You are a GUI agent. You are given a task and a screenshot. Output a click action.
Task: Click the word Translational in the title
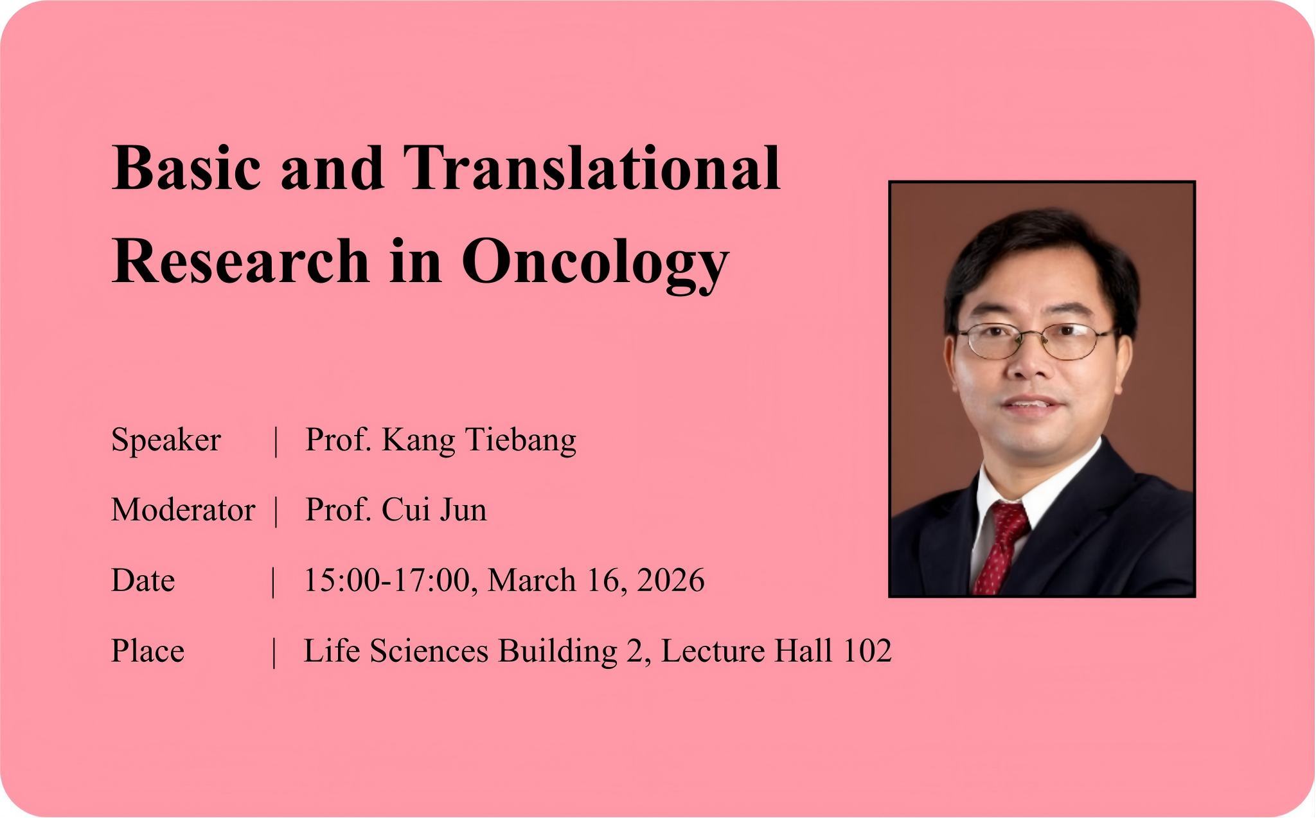click(592, 168)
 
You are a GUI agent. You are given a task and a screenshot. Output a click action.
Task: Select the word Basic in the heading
click(187, 168)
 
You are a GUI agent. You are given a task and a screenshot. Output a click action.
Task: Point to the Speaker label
click(166, 441)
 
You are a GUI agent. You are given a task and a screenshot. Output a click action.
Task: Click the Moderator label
click(183, 510)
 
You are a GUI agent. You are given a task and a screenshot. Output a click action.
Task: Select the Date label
click(143, 581)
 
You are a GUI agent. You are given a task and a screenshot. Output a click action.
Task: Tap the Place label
click(148, 651)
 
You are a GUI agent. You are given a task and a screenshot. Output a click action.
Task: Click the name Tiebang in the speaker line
click(520, 441)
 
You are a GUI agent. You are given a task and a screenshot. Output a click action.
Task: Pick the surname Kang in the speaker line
click(418, 441)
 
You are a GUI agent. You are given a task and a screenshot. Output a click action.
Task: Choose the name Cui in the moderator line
click(406, 510)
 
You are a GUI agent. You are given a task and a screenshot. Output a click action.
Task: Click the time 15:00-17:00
click(387, 581)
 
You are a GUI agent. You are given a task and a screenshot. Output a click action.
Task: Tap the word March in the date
click(531, 580)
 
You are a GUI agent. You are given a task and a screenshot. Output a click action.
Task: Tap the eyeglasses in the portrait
click(1035, 341)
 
